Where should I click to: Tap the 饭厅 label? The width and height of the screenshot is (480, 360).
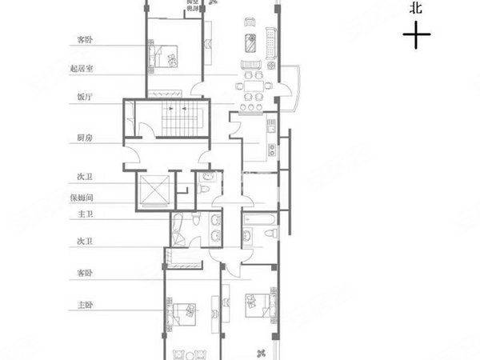(83, 98)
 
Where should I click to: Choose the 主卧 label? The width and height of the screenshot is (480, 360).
(83, 304)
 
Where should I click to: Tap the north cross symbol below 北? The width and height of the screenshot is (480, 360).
(417, 36)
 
